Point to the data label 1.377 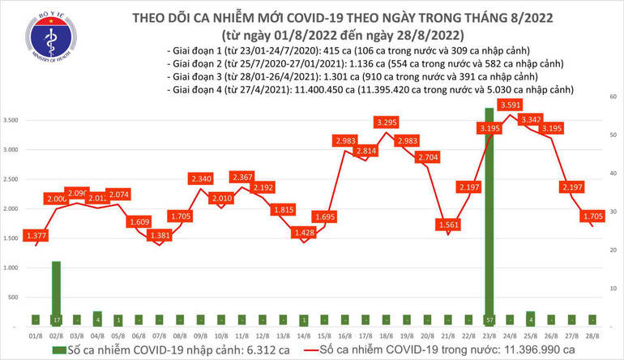pos(36,234)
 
